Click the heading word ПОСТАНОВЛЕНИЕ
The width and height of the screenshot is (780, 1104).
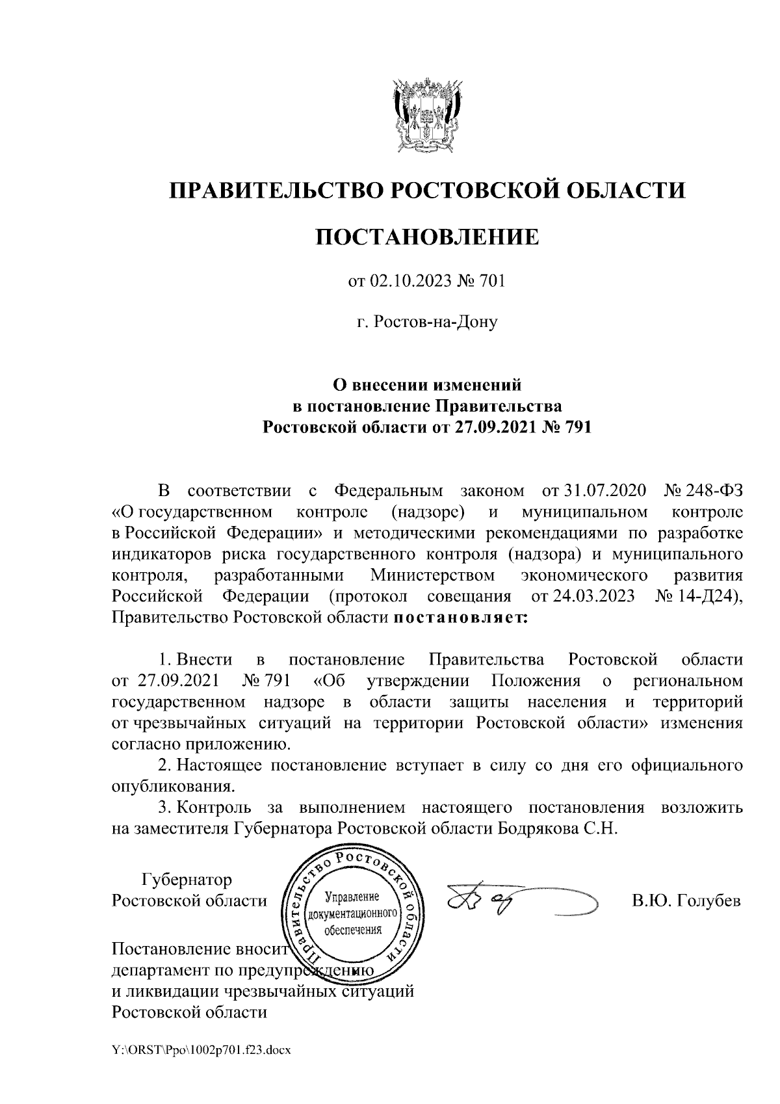coord(427,237)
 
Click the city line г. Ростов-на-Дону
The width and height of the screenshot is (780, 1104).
coord(427,322)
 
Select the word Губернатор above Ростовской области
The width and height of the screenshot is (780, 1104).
coord(187,880)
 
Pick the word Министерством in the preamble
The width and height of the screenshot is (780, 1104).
coord(432,575)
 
